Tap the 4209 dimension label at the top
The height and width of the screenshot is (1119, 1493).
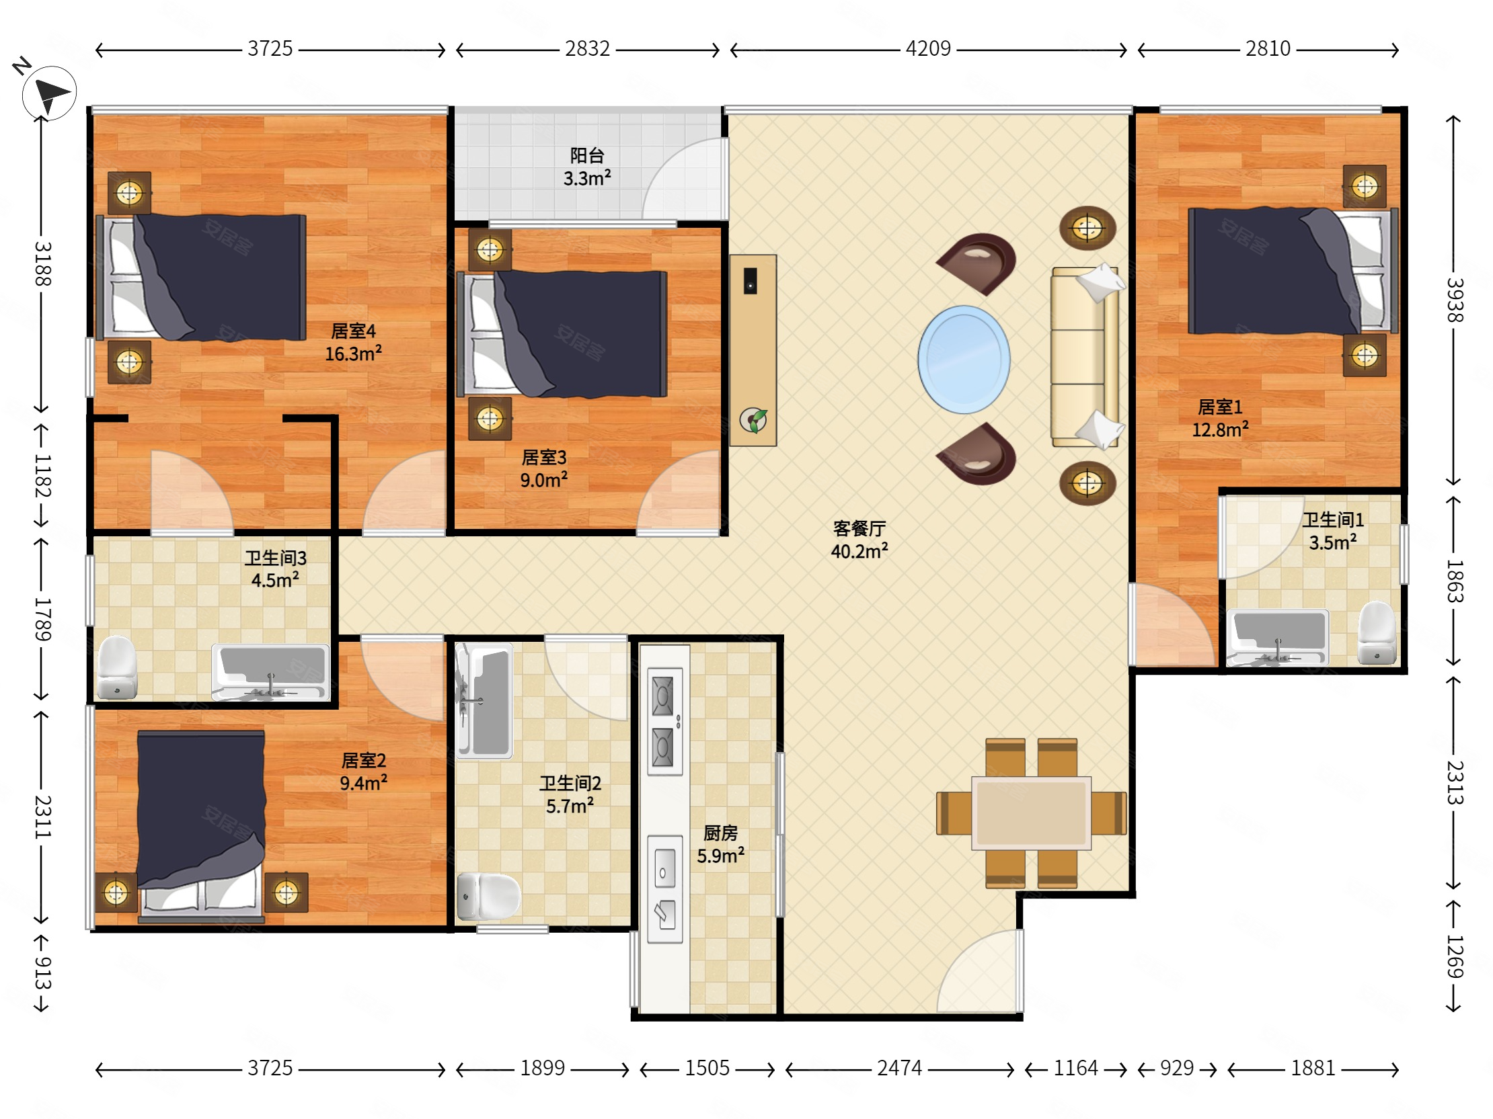click(928, 48)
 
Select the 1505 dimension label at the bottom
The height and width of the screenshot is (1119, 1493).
click(707, 1068)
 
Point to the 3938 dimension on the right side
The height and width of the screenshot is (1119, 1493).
click(1455, 300)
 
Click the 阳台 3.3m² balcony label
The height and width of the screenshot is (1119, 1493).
click(586, 167)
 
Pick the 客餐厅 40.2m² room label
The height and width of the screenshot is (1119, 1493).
click(859, 540)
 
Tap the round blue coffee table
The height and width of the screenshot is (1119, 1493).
click(963, 359)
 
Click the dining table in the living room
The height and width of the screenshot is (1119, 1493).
click(1031, 813)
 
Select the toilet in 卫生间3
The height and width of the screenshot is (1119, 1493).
click(118, 667)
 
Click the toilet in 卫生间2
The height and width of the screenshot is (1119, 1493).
click(489, 897)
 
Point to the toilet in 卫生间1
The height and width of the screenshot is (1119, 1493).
click(1376, 632)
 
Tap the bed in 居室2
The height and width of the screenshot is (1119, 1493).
click(201, 826)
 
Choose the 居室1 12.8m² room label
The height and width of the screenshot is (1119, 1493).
click(1220, 418)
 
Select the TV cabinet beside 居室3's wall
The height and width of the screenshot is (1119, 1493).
click(753, 350)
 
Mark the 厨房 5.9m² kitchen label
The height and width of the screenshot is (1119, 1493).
click(720, 845)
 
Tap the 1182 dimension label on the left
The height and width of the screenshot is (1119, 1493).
click(42, 476)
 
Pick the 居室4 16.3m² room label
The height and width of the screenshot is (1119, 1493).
click(353, 342)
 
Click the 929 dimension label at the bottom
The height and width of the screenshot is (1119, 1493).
click(1176, 1068)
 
